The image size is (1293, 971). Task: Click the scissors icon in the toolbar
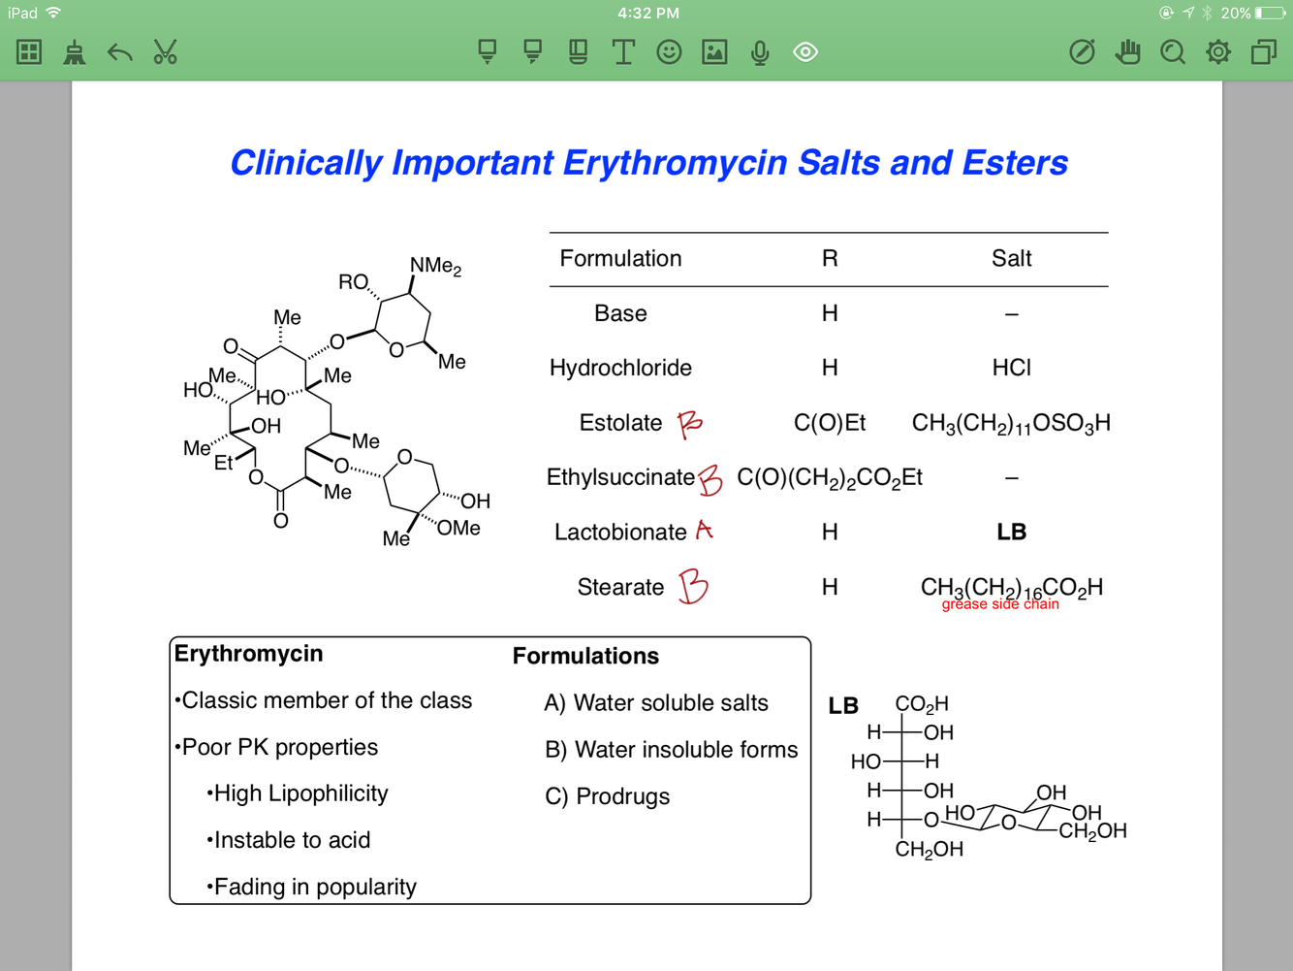pyautogui.click(x=165, y=51)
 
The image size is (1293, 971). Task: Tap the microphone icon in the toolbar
pyautogui.click(x=760, y=52)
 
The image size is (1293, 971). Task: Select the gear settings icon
pyautogui.click(x=1217, y=51)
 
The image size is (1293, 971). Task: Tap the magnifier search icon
pyautogui.click(x=1173, y=51)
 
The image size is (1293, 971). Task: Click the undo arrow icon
pyautogui.click(x=119, y=51)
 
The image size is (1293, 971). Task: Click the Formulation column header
pyautogui.click(x=620, y=258)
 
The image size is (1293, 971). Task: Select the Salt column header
pyautogui.click(x=1011, y=258)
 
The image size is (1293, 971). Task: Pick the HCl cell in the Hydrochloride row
pyautogui.click(x=1011, y=368)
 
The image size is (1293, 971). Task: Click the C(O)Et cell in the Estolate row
pyautogui.click(x=829, y=423)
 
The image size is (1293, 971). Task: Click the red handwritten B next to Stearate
pyautogui.click(x=693, y=587)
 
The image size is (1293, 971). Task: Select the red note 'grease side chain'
pyautogui.click(x=1000, y=604)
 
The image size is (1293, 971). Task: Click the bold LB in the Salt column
pyautogui.click(x=1011, y=532)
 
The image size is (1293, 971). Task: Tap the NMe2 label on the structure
pyautogui.click(x=435, y=266)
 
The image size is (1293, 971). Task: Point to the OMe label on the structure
pyautogui.click(x=458, y=528)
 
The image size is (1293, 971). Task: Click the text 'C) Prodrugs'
pyautogui.click(x=608, y=796)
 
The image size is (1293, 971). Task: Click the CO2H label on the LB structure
pyautogui.click(x=921, y=704)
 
